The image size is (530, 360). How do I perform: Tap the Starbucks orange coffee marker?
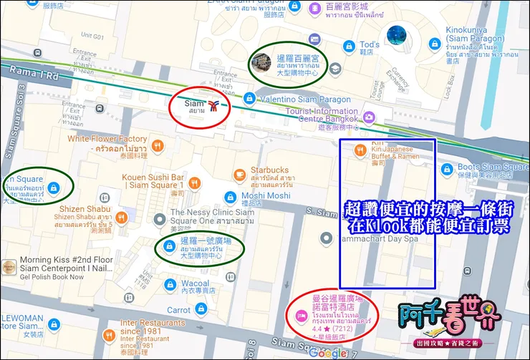(239, 174)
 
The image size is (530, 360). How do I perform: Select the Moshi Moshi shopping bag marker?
(229, 196)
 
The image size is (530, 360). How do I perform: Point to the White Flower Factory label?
(107, 139)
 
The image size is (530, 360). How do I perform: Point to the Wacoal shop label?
(195, 284)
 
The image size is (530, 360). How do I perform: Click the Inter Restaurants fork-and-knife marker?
(108, 334)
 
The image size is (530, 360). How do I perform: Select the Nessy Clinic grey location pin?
(160, 218)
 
